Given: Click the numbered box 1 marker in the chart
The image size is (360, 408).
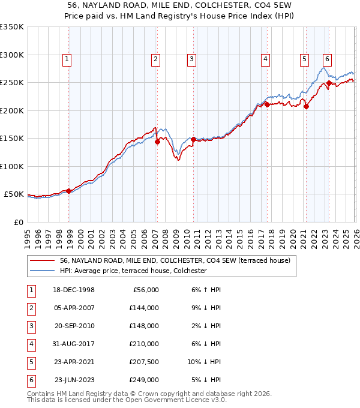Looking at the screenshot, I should pos(66,59).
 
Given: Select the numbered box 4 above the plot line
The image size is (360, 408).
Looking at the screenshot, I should pos(265,59).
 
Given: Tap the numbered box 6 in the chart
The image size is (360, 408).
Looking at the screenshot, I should pos(327,59).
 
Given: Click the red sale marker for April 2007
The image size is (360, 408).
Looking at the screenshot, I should pos(157,142).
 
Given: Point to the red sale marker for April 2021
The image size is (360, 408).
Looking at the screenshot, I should pos(306,107).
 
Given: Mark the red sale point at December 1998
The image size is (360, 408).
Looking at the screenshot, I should pos(69,191).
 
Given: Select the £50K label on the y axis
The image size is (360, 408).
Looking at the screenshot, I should pos(14,194).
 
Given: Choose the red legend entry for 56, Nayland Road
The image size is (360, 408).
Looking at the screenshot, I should pos(175,260).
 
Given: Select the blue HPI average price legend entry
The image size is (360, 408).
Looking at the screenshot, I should pos(133,271).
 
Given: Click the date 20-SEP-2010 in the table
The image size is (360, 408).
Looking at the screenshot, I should pos(74,326).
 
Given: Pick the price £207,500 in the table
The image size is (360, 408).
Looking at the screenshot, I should pos(144,362).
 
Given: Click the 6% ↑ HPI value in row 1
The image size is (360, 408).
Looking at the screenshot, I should pos(206,290).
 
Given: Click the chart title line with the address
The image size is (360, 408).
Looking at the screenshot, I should pos(180,5).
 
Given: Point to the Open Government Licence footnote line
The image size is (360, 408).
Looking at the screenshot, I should pos(127,399).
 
